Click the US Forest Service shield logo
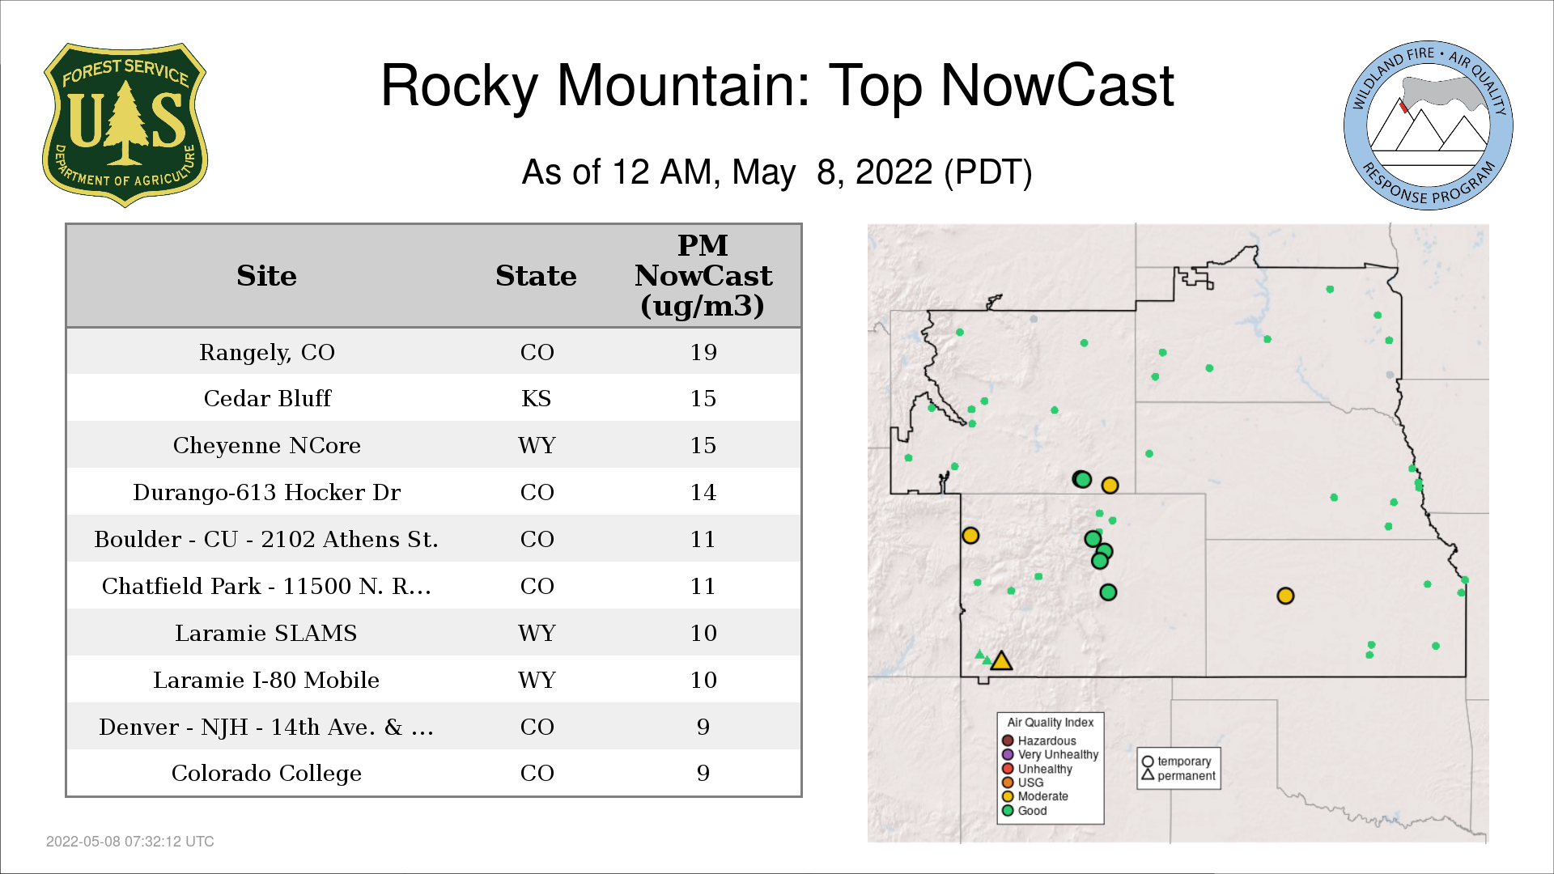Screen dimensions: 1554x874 tap(125, 125)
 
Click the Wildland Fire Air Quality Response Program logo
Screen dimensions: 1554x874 tap(1429, 125)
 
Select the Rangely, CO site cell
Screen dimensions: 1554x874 tap(267, 352)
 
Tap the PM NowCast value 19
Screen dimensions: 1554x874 tap(703, 352)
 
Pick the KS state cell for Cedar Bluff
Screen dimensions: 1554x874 tap(537, 398)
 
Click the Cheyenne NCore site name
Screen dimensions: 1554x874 tap(267, 445)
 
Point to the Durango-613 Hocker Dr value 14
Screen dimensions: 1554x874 tap(703, 492)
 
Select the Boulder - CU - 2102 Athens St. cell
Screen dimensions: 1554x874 tap(266, 539)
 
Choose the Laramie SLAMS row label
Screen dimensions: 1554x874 tap(266, 633)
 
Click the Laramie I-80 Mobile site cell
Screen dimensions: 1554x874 tap(266, 680)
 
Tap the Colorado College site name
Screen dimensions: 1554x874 tap(266, 773)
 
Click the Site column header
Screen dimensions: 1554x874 tap(266, 275)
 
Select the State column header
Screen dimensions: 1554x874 tap(536, 275)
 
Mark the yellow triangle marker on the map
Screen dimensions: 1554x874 tap(1001, 661)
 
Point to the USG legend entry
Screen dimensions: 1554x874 tap(1023, 783)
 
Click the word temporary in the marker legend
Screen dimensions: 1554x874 tap(1184, 762)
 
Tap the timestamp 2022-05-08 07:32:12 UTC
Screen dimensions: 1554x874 tap(130, 842)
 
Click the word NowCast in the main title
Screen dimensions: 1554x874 tap(1057, 86)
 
